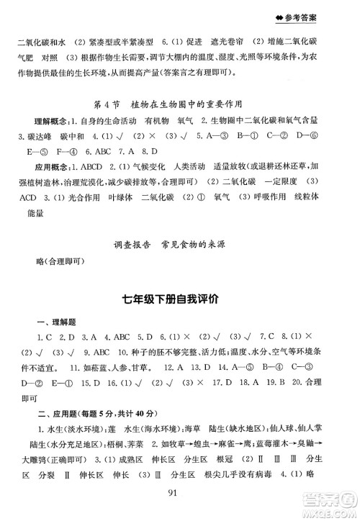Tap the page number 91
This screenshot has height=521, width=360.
pos(180,491)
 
